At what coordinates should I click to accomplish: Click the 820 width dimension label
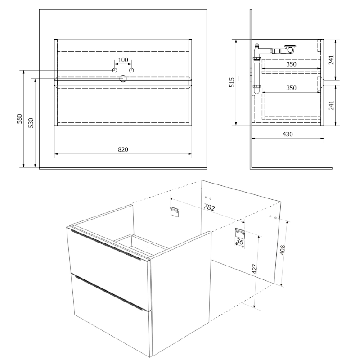click(123, 149)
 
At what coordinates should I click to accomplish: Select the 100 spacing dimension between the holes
click(123, 60)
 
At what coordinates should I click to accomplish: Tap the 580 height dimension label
click(20, 119)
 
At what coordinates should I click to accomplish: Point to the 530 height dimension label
click(31, 123)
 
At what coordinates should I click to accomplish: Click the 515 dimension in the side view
click(232, 82)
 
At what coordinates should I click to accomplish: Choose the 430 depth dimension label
click(288, 134)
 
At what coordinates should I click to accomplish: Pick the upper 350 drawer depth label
click(291, 64)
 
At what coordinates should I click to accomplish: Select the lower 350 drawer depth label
click(291, 88)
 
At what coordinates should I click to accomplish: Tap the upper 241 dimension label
click(331, 60)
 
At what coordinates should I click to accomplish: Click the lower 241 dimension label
click(331, 105)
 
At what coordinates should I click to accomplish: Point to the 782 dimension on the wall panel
click(209, 207)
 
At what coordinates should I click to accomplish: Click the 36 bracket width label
click(239, 242)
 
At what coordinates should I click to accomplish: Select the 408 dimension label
click(283, 250)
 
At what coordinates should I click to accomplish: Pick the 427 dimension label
click(254, 269)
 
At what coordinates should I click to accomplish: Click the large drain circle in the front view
click(123, 79)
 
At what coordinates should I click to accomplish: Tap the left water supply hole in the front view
click(115, 70)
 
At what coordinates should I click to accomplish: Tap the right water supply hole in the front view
click(131, 70)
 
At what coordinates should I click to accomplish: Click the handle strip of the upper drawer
click(106, 245)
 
